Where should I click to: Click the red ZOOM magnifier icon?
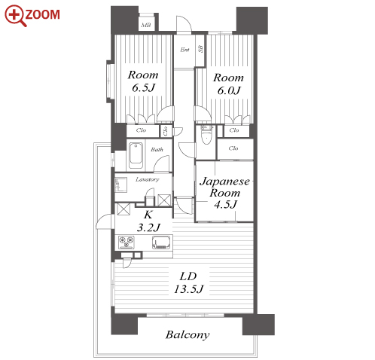click(15, 15)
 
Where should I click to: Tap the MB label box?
click(146, 25)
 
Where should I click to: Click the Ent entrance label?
click(184, 50)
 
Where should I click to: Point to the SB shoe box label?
click(200, 49)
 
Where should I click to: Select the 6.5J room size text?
click(143, 88)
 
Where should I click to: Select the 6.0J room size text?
click(229, 90)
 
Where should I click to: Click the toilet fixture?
click(207, 135)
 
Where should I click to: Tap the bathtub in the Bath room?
click(136, 156)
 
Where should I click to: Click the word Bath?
click(157, 150)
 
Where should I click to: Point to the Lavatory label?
click(148, 179)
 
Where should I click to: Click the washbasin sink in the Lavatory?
click(120, 185)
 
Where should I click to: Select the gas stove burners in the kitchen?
click(127, 243)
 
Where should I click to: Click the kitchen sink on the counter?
click(162, 243)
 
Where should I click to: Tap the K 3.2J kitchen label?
click(148, 221)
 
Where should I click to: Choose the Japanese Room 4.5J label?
click(224, 193)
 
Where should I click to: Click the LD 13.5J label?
click(188, 282)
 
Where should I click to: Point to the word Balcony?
click(187, 334)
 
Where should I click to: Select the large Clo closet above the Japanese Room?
click(235, 148)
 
